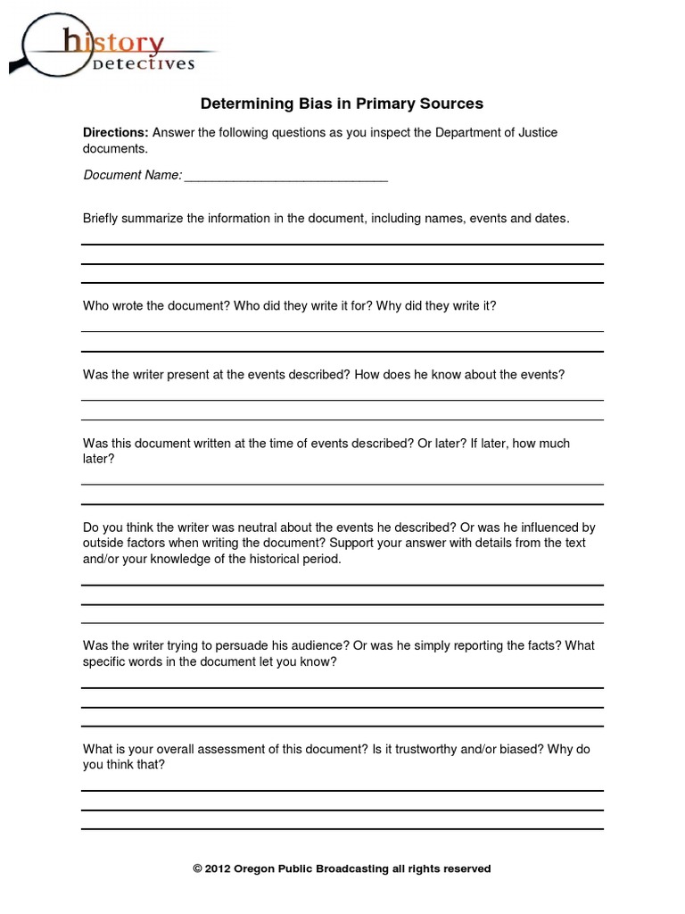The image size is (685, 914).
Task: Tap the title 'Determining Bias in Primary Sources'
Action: (x=342, y=104)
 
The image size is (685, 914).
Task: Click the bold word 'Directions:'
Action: (x=116, y=133)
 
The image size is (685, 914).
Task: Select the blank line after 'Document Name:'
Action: (x=285, y=175)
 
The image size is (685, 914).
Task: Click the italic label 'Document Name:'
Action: (x=132, y=175)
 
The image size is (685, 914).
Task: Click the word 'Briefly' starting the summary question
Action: (x=103, y=218)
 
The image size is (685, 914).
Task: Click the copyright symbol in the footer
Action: (x=198, y=868)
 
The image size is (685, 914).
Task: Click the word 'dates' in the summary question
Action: (x=548, y=218)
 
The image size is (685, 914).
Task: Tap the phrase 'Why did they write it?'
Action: (x=436, y=305)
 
